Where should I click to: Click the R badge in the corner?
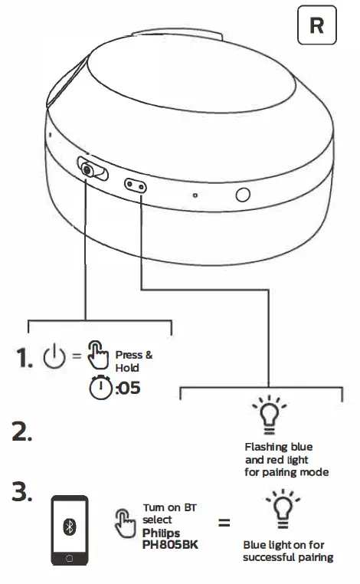[x=316, y=26]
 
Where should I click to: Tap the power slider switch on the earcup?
[x=90, y=169]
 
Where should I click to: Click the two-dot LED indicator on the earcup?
[x=136, y=185]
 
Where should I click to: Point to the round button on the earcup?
[x=243, y=195]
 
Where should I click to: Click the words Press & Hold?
[x=134, y=361]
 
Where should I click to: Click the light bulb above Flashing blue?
[x=269, y=413]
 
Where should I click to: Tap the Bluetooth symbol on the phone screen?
[x=69, y=527]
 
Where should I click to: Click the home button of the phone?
[x=69, y=559]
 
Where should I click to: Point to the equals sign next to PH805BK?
[x=224, y=525]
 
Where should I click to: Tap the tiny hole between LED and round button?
[x=195, y=195]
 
